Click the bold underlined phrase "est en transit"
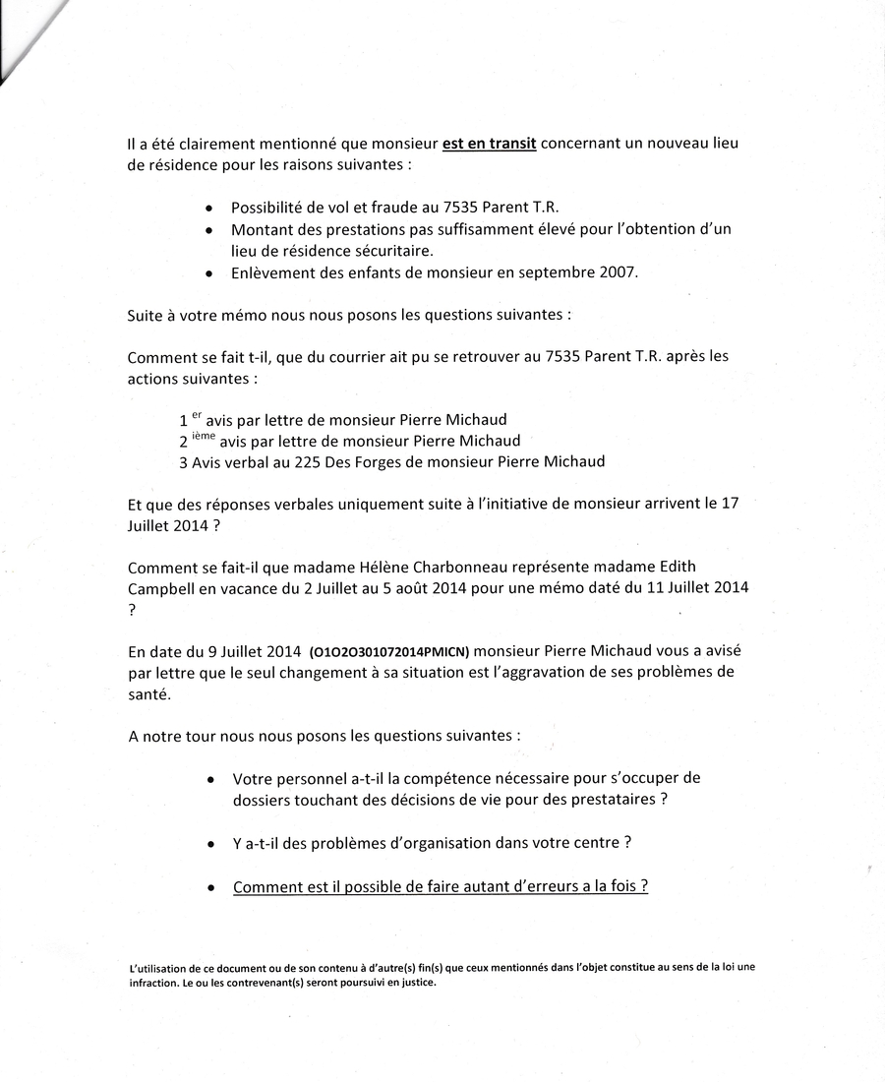tap(489, 144)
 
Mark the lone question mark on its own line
tap(132, 610)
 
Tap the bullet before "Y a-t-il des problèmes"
tap(212, 845)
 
